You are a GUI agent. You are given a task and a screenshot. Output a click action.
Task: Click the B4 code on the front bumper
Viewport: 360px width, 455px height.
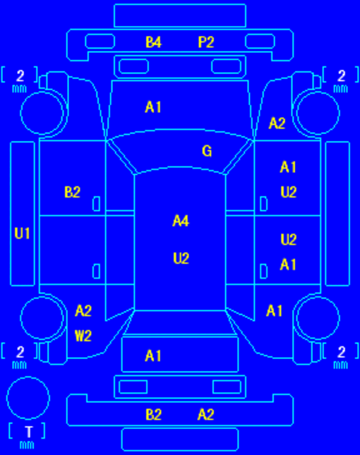(153, 42)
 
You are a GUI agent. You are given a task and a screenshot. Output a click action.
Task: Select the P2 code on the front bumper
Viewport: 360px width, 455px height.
(206, 42)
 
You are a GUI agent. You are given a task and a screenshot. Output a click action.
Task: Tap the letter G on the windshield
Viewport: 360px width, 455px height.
(207, 151)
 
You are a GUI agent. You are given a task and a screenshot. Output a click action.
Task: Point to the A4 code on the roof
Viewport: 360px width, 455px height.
(181, 221)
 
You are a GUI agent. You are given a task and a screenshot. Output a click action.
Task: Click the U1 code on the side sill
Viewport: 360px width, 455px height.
(22, 233)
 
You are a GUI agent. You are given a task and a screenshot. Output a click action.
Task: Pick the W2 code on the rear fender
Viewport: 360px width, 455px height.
(83, 336)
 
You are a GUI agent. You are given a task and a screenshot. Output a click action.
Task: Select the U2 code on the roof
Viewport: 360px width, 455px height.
(181, 258)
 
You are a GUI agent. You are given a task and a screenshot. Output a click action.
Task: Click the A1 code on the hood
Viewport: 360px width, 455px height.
(153, 107)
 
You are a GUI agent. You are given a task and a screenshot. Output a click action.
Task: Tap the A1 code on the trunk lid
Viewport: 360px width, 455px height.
(153, 356)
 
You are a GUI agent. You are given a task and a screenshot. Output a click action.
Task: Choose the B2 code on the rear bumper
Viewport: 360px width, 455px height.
(153, 415)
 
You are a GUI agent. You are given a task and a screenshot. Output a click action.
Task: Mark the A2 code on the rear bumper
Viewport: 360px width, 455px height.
(206, 415)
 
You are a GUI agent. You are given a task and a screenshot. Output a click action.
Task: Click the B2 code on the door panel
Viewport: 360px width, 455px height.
(72, 192)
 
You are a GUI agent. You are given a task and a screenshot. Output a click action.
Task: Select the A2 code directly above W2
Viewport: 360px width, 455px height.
(83, 311)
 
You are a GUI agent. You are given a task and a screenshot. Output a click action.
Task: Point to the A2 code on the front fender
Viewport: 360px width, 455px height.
(277, 123)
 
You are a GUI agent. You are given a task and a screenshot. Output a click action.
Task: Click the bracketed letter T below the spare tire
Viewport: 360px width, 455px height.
(28, 432)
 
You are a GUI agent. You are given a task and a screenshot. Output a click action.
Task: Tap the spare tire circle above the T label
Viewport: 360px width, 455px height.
(28, 377)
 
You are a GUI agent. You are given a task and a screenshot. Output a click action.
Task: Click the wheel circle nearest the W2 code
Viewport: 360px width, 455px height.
(42, 297)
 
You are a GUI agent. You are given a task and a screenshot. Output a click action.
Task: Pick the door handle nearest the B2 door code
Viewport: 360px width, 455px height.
(97, 203)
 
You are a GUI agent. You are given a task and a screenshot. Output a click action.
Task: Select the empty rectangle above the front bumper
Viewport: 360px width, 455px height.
(180, 4)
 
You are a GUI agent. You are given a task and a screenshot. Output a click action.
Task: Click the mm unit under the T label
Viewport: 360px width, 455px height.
(27, 445)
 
